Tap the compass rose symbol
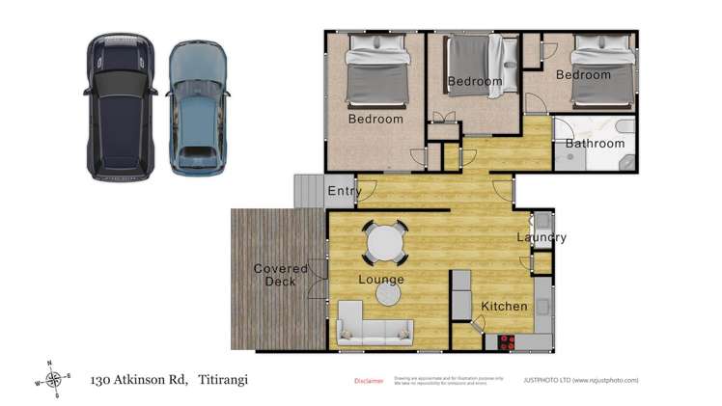[x=54, y=379]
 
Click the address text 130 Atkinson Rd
[x=142, y=379]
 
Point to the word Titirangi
[x=224, y=379]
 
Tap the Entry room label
[x=344, y=191]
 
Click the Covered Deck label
[x=280, y=275]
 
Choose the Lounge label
[x=381, y=280]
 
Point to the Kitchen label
[x=504, y=307]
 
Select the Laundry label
[x=541, y=237]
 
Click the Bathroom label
[x=595, y=144]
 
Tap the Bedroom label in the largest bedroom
[x=375, y=120]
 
